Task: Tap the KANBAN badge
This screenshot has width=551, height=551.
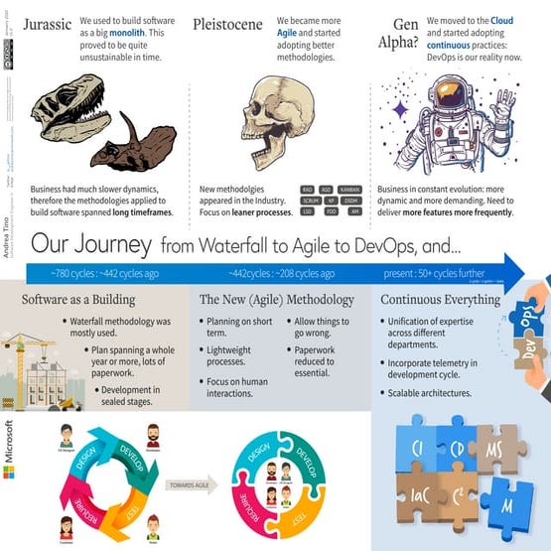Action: (349, 189)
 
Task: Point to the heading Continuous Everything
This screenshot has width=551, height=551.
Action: (452, 300)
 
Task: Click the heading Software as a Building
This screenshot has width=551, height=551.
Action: (78, 300)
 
